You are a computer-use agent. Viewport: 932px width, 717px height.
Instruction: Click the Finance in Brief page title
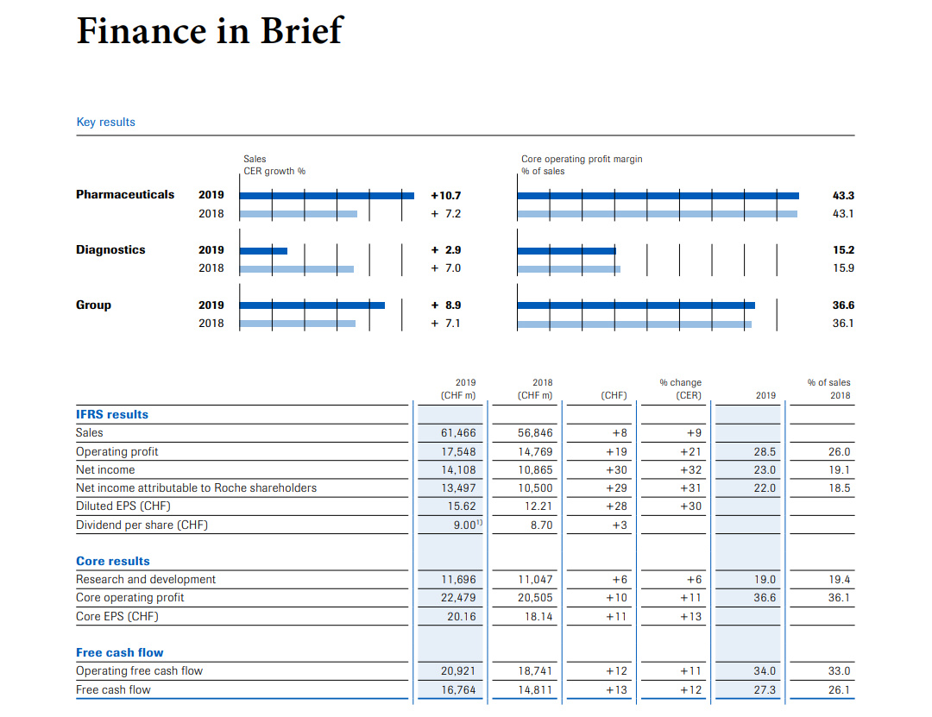pyautogui.click(x=210, y=30)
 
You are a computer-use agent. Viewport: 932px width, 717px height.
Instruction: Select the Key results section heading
pyautogui.click(x=106, y=122)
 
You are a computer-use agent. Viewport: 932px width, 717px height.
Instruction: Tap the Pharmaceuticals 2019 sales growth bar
pyautogui.click(x=327, y=196)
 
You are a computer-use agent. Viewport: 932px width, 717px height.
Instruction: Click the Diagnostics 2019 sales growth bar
pyautogui.click(x=263, y=251)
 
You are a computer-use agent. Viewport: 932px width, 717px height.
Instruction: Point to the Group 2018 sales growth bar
pyautogui.click(x=298, y=324)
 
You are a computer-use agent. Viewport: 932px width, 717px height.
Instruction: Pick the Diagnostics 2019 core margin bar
pyautogui.click(x=566, y=251)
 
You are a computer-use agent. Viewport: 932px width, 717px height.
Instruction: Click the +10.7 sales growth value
pyautogui.click(x=446, y=196)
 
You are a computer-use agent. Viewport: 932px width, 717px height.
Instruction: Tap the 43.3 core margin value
pyautogui.click(x=843, y=196)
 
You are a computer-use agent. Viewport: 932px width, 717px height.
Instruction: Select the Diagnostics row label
pyautogui.click(x=110, y=249)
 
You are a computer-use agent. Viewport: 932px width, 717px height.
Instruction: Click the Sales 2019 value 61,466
pyautogui.click(x=458, y=433)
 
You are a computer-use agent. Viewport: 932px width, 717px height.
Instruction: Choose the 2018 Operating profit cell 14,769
pyautogui.click(x=535, y=452)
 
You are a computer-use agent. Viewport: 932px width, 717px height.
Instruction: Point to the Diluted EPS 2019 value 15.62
pyautogui.click(x=462, y=506)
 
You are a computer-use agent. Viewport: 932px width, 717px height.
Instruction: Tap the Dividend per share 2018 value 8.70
pyautogui.click(x=541, y=525)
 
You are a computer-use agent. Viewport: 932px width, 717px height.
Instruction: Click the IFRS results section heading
pyautogui.click(x=112, y=414)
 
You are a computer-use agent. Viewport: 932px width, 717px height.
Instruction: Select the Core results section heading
pyautogui.click(x=113, y=561)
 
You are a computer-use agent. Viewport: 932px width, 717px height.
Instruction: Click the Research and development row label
pyautogui.click(x=146, y=579)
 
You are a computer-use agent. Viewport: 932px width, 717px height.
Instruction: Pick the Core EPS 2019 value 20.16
pyautogui.click(x=462, y=617)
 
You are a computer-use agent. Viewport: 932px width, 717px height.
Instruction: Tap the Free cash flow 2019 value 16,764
pyautogui.click(x=458, y=689)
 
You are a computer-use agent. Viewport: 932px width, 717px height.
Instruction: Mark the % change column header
pyautogui.click(x=681, y=382)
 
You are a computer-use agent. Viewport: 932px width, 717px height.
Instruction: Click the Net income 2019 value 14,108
pyautogui.click(x=458, y=469)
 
